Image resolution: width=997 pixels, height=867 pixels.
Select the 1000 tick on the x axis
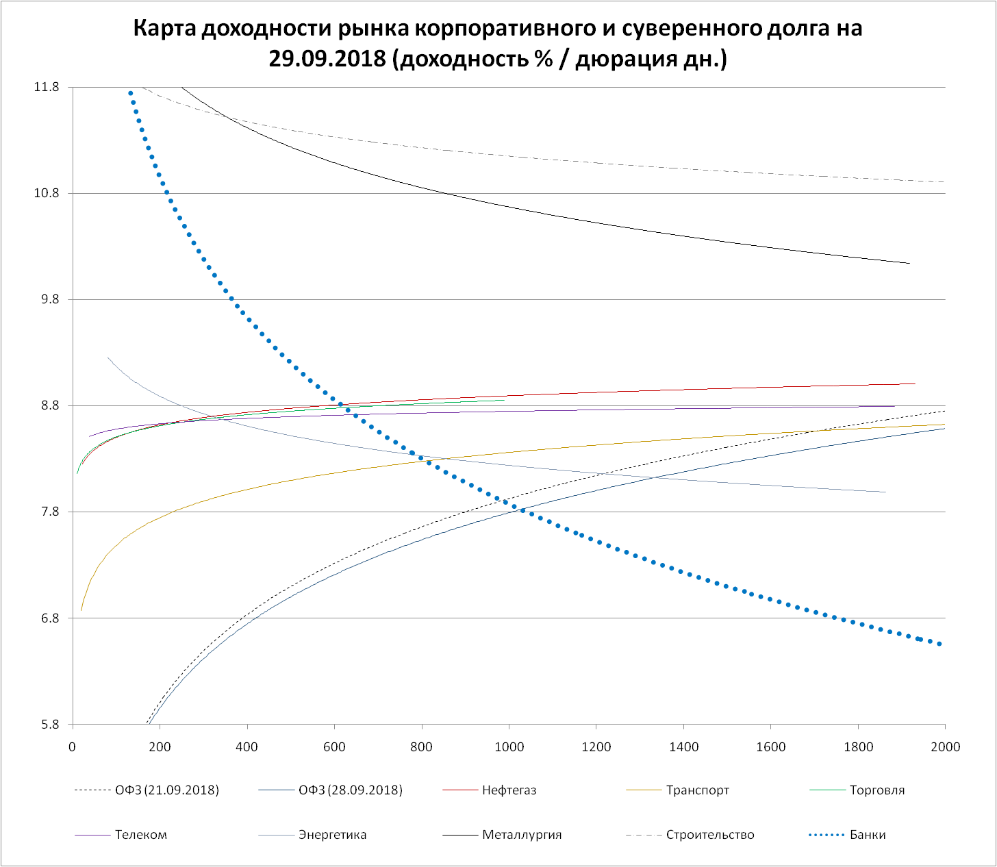click(509, 746)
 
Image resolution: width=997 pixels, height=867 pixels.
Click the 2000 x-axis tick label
click(945, 746)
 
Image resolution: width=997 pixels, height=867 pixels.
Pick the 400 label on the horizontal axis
click(247, 746)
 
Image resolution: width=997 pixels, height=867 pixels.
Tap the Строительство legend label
click(709, 835)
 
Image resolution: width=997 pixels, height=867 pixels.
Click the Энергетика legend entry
click(332, 835)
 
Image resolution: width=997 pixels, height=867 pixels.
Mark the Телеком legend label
click(140, 835)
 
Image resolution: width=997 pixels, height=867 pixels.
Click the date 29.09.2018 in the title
click(328, 59)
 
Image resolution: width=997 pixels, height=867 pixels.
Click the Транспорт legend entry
click(697, 790)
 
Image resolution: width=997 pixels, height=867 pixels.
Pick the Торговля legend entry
click(876, 790)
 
